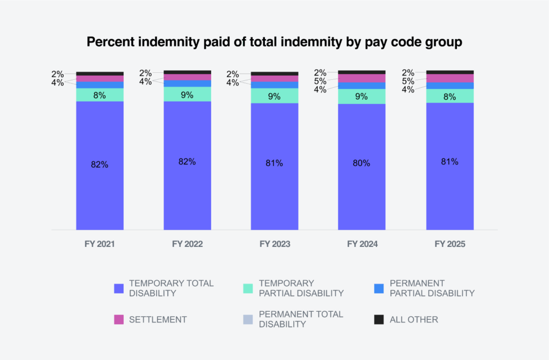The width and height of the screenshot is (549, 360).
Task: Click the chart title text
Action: [x=274, y=42]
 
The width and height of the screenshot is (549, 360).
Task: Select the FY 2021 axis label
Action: [x=100, y=244]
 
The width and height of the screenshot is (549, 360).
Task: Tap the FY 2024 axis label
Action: [x=362, y=244]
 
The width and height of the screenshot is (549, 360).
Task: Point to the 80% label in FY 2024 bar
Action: [x=361, y=163]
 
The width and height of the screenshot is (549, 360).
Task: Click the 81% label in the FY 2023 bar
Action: [x=274, y=163]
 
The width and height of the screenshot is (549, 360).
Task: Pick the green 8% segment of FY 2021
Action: [x=100, y=95]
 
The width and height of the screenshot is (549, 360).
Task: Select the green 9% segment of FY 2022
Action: [x=187, y=94]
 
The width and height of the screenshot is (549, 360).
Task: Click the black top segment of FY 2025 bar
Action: [x=450, y=72]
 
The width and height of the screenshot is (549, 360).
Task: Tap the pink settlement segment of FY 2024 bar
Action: [x=361, y=78]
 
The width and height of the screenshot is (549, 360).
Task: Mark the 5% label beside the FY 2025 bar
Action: [x=408, y=81]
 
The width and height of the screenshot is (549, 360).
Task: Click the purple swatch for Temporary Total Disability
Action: [x=120, y=288]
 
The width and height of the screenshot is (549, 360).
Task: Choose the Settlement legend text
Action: [x=158, y=319]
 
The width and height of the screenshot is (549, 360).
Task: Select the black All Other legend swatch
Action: [x=379, y=319]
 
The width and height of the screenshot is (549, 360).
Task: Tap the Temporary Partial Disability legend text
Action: [x=301, y=288]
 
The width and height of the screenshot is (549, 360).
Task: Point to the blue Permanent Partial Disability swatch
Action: [x=379, y=288]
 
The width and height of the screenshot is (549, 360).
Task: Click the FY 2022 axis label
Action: [x=187, y=244]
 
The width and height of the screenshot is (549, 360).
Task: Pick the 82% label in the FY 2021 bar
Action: [x=100, y=164]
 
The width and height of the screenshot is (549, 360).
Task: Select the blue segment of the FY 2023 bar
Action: [x=274, y=85]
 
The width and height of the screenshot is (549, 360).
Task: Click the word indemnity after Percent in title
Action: [x=159, y=42]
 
